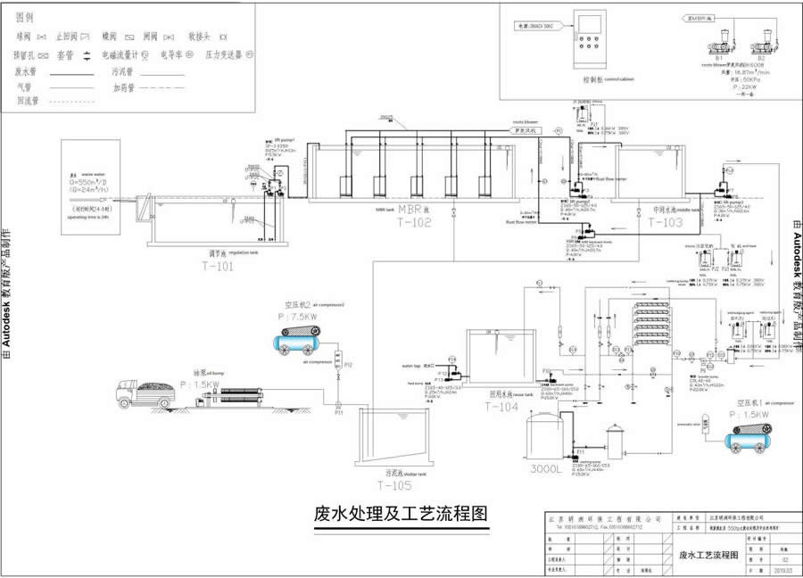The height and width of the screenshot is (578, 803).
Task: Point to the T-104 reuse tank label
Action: pyautogui.click(x=501, y=407)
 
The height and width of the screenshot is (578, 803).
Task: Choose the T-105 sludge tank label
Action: pyautogui.click(x=394, y=485)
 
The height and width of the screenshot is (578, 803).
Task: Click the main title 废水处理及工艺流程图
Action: pyautogui.click(x=401, y=515)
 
